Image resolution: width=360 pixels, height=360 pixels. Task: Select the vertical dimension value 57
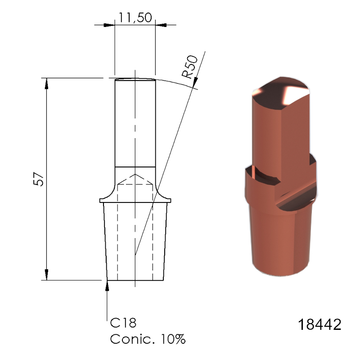click(x=40, y=179)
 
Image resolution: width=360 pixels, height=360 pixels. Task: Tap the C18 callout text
click(x=123, y=323)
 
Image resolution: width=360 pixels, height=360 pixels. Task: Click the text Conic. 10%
click(x=148, y=339)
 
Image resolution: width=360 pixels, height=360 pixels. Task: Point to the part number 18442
click(x=319, y=324)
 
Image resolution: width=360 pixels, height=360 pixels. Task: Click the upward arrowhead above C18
click(x=107, y=284)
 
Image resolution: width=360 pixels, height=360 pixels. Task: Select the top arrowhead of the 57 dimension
click(x=46, y=83)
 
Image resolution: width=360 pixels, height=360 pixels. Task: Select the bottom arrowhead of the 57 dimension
click(x=46, y=274)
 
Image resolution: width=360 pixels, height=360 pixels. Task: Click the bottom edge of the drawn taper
click(x=135, y=280)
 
